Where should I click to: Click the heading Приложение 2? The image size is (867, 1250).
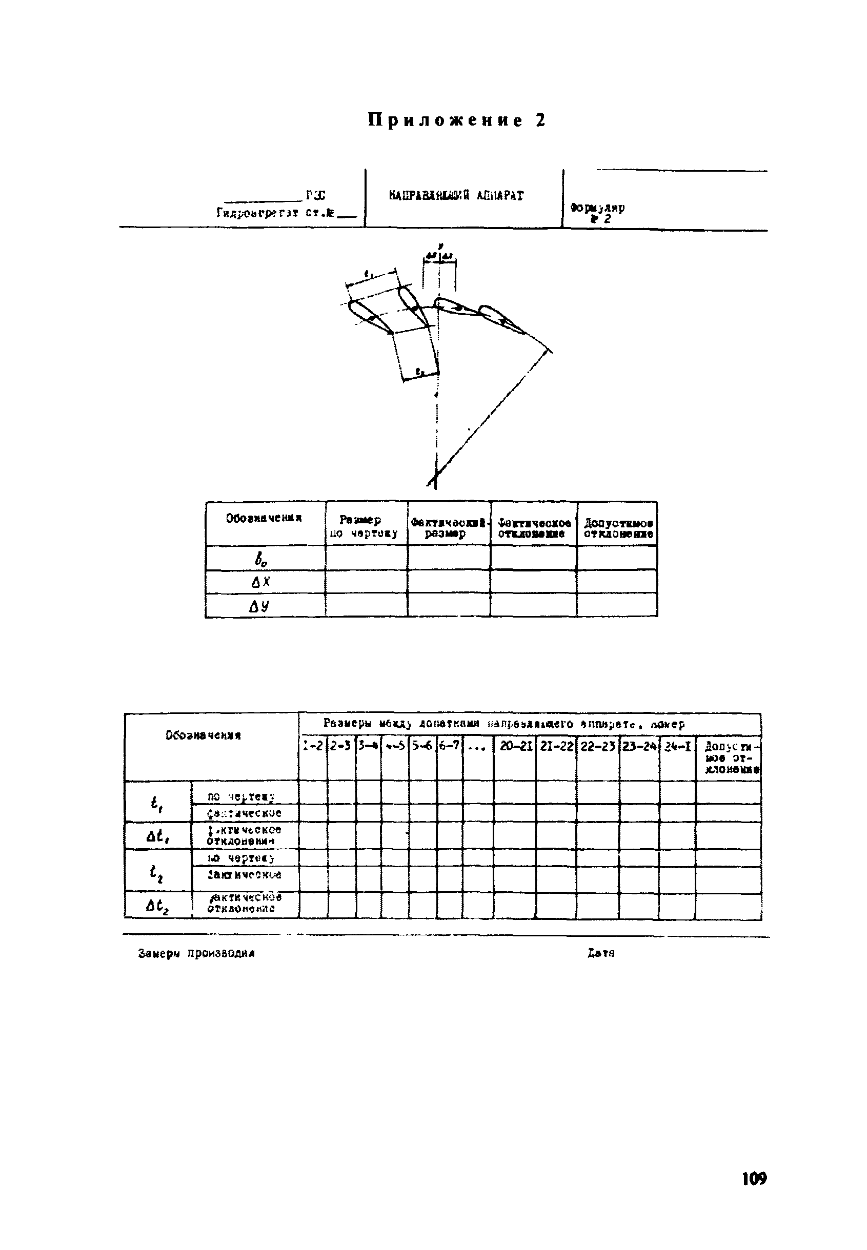coord(456,120)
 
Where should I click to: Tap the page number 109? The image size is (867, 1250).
coord(754,1178)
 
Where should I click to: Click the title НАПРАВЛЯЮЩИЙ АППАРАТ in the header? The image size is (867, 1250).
coord(456,195)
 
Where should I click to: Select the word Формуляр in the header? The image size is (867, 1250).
coord(597,208)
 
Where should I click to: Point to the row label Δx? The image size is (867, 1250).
coord(261,582)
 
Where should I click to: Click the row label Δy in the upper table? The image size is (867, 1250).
coord(259,605)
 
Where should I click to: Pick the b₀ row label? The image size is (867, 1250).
coord(261,558)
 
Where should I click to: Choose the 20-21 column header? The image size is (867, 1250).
coord(514,747)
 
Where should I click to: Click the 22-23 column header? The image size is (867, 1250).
coord(597,747)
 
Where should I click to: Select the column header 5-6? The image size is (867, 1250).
coord(422,747)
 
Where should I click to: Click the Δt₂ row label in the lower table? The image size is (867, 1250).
coord(157,906)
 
